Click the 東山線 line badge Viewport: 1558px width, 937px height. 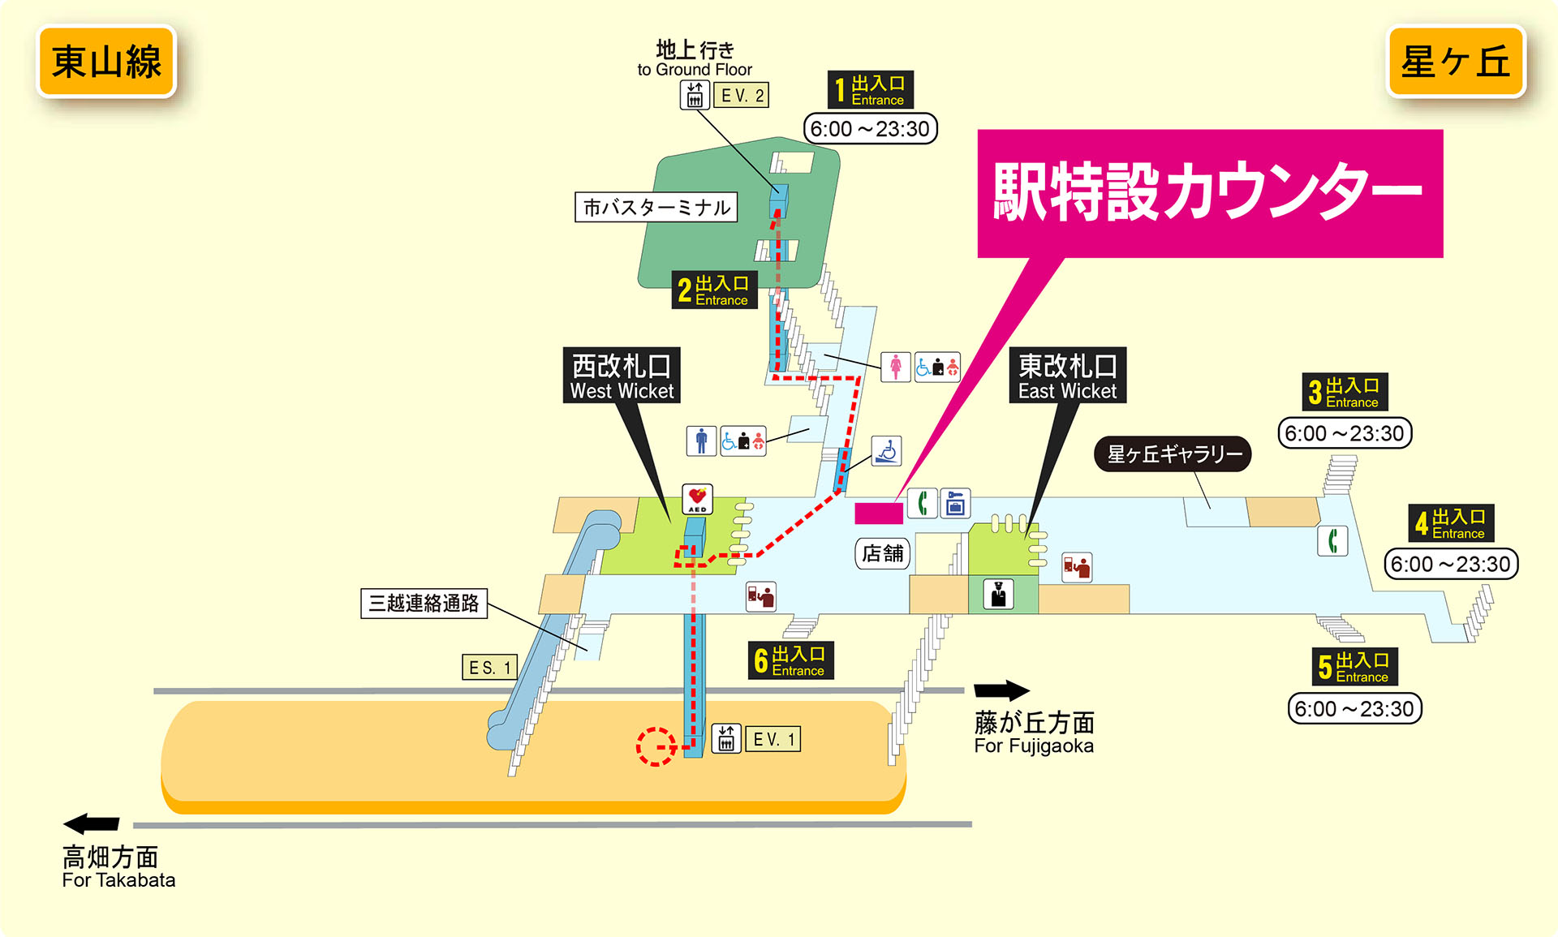[106, 62]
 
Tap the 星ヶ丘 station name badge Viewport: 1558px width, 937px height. [1456, 62]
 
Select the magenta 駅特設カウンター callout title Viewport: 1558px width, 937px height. [1209, 192]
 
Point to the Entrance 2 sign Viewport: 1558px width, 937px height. [714, 290]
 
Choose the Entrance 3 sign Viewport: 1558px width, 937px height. [1345, 392]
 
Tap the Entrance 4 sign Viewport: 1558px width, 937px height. [1451, 523]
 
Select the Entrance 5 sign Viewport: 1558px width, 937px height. [1354, 667]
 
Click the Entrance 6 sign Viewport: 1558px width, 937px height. [790, 660]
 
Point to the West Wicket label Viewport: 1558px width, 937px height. [622, 376]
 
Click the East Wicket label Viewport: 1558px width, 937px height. [1067, 376]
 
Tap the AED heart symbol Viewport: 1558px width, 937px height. [697, 497]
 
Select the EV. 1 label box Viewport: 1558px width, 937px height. [773, 739]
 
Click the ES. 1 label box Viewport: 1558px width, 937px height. [490, 667]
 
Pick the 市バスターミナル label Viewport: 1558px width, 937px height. [656, 207]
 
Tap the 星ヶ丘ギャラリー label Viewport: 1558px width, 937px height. [1173, 454]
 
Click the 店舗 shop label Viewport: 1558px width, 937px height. [882, 553]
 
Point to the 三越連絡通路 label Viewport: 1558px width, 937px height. [424, 603]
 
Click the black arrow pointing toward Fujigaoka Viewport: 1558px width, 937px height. [1001, 690]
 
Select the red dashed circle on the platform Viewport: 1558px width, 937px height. [656, 746]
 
